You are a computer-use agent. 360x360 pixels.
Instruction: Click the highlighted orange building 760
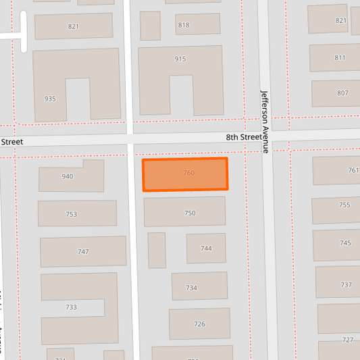[185, 174]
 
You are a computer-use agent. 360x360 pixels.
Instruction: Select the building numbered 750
[184, 212]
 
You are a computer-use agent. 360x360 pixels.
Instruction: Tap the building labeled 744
[206, 249]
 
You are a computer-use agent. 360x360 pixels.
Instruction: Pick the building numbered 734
[199, 286]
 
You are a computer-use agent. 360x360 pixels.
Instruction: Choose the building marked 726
[199, 324]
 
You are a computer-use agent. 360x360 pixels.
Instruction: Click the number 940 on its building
[68, 177]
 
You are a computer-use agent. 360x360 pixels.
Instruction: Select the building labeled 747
[82, 251]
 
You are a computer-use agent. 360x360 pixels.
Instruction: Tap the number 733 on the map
[71, 307]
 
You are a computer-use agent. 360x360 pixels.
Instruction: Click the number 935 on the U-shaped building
[50, 99]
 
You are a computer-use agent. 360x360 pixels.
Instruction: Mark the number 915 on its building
[180, 59]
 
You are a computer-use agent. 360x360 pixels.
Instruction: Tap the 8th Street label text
[243, 137]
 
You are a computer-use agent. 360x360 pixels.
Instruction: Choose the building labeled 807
[337, 93]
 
